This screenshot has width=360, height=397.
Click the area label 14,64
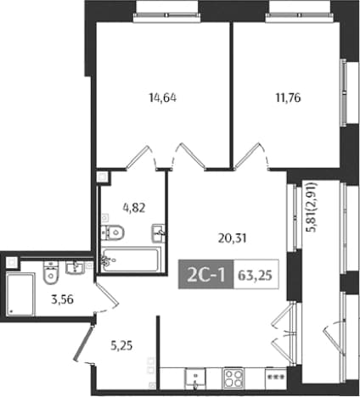[x=163, y=98]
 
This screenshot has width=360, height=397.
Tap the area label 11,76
[x=288, y=98]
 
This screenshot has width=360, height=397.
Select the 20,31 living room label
[x=233, y=238]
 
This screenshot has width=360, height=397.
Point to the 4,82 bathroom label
[x=134, y=208]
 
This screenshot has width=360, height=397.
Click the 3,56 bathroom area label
[x=62, y=299]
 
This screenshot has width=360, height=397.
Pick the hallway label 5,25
[x=121, y=345]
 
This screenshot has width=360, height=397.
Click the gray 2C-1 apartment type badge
[x=206, y=274]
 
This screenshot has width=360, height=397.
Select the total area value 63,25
[x=255, y=275]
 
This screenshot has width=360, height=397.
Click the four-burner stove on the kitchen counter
[x=233, y=378]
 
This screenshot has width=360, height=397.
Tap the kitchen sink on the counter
[x=195, y=378]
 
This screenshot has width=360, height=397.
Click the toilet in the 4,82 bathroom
[x=113, y=232]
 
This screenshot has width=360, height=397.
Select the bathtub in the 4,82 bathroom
[x=130, y=260]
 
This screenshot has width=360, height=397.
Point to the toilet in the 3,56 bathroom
[x=51, y=272]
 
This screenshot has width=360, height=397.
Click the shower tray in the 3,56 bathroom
[x=20, y=294]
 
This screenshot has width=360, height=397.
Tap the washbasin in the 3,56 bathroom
[x=75, y=267]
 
